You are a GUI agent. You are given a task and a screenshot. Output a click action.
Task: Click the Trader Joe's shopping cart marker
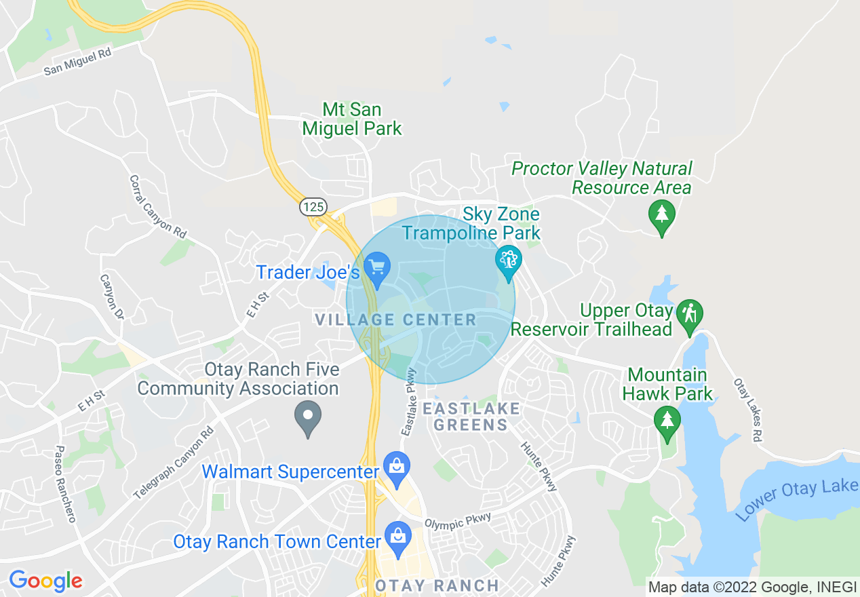376,267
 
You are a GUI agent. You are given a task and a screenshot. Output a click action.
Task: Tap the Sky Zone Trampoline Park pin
508,261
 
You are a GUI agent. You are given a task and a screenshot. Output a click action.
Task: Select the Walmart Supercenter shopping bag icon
396,467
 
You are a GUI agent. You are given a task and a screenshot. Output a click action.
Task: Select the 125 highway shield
314,207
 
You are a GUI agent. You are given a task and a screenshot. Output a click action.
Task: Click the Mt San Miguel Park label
352,119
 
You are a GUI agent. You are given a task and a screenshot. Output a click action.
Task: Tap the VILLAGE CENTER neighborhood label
396,320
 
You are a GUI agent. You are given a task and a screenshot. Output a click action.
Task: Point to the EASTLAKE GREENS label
471,417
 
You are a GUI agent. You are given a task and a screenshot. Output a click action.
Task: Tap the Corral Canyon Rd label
157,206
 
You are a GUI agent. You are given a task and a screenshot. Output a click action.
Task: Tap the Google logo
45,580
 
